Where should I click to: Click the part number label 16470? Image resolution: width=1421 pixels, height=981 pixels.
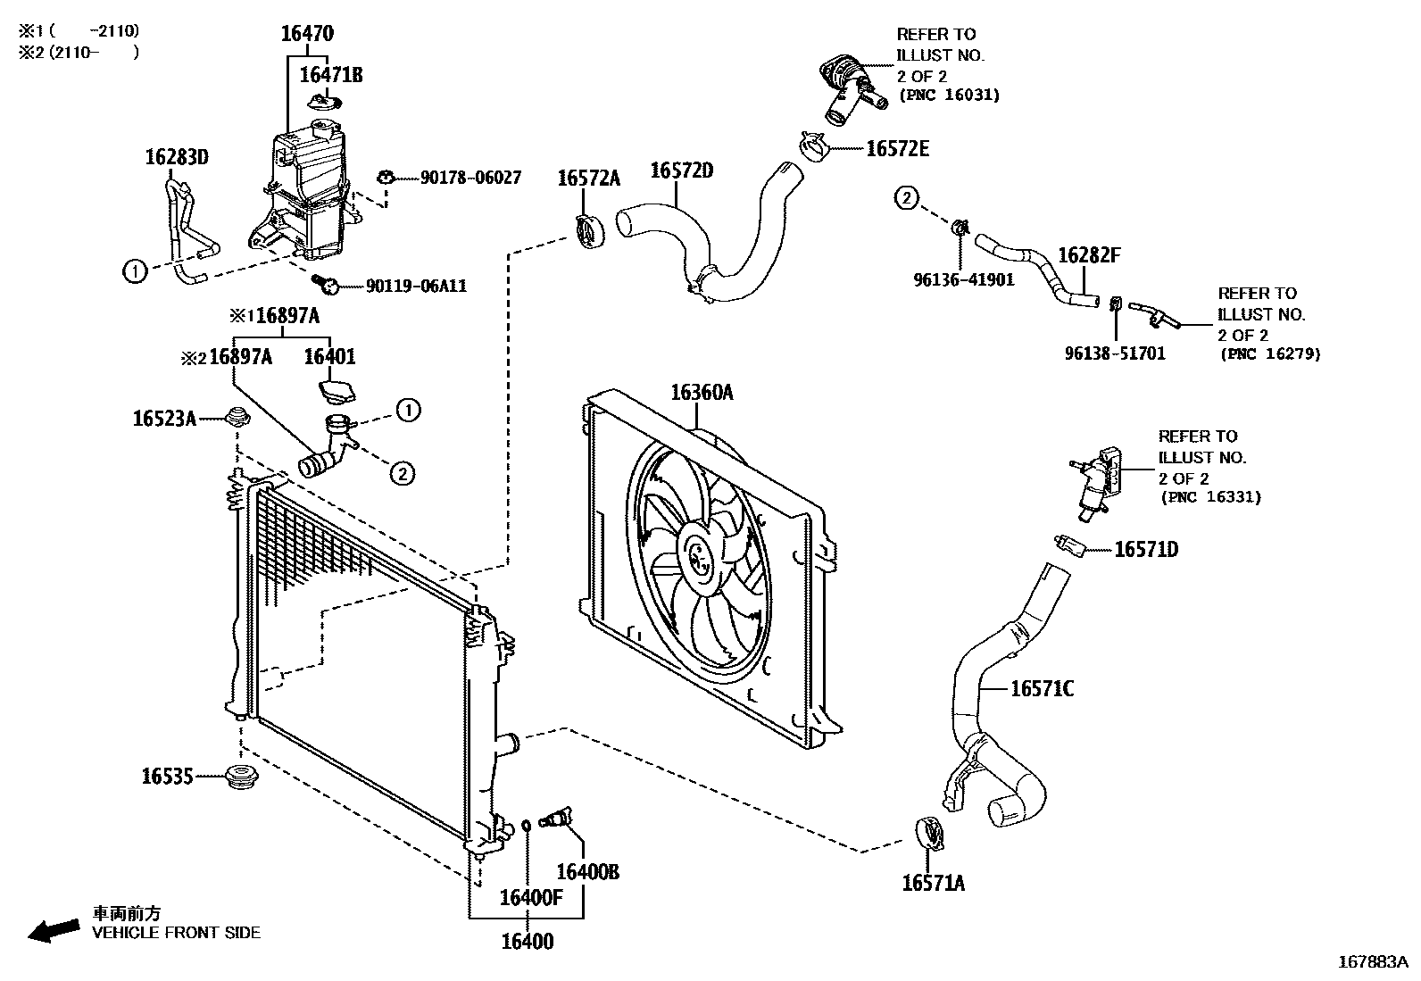(x=306, y=34)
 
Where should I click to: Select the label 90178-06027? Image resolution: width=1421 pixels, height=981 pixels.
(x=470, y=179)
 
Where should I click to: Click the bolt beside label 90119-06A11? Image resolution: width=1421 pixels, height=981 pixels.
(x=327, y=284)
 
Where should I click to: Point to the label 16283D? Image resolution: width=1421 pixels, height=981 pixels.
(x=176, y=158)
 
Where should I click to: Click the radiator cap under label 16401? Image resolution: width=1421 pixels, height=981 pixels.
(x=335, y=392)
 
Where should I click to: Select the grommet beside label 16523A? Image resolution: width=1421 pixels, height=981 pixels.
(x=236, y=416)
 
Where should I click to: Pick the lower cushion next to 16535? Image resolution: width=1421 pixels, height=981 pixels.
(x=238, y=777)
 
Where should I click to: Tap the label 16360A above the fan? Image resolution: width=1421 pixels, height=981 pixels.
(x=702, y=393)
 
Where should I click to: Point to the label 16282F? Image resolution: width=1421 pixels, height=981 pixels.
(x=1088, y=256)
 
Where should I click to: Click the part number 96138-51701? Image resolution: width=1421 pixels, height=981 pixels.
(x=1115, y=353)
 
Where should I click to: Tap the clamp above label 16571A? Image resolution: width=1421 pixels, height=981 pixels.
(x=931, y=831)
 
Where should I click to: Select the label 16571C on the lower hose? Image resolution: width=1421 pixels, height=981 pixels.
(x=1042, y=688)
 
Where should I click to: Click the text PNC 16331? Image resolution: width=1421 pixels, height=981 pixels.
(x=1211, y=497)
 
